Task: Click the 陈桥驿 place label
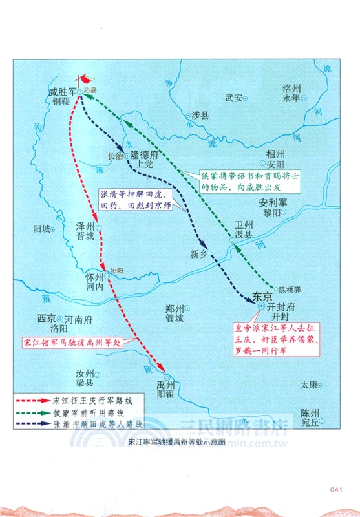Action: (291, 290)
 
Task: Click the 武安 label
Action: (233, 98)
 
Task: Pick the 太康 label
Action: (308, 385)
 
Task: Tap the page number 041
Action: (335, 489)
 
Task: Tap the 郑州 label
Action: (173, 308)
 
